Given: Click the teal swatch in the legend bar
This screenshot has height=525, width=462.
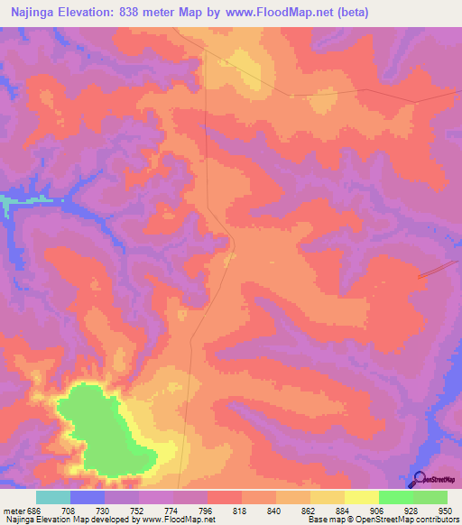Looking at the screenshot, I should click(53, 497).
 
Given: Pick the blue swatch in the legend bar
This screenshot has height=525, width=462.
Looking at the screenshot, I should click(88, 497).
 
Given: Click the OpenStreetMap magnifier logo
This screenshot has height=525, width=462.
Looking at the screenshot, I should click(418, 479).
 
